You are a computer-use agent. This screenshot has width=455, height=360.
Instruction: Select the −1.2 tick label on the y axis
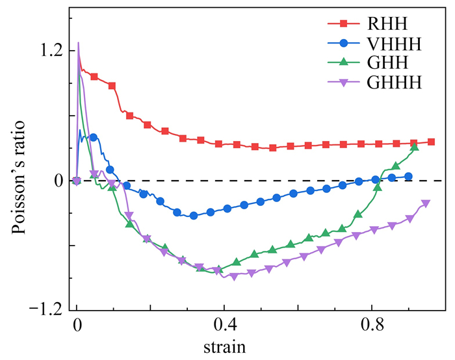pyautogui.click(x=46, y=309)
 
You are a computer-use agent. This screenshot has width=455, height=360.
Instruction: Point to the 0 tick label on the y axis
pyautogui.click(x=58, y=180)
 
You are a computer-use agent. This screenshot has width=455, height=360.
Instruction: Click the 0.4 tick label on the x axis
pyautogui.click(x=224, y=324)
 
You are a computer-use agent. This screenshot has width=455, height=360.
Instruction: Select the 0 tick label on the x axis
pyautogui.click(x=77, y=324)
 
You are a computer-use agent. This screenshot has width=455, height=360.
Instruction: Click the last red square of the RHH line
pyautogui.click(x=431, y=142)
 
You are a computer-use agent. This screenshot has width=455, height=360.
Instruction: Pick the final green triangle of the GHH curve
pyautogui.click(x=415, y=148)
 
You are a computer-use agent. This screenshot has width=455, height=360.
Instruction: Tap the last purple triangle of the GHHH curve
pyautogui.click(x=426, y=204)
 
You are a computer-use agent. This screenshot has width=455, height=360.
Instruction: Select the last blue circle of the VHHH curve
pyautogui.click(x=408, y=176)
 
